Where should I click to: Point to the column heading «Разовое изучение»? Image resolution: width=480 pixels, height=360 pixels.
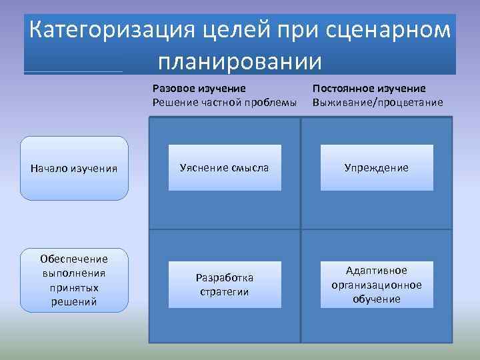[x=199, y=88]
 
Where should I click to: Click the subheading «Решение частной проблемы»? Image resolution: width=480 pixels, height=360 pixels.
[x=224, y=101]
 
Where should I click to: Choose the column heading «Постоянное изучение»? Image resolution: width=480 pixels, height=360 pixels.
[x=369, y=88]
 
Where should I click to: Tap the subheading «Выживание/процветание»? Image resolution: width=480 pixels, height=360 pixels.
[x=377, y=101]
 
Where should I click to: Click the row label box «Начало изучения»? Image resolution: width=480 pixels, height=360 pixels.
[x=74, y=168]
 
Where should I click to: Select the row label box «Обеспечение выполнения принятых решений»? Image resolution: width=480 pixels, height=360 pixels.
[x=74, y=280]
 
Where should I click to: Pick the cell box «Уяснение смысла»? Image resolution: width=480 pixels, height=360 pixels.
[x=224, y=167]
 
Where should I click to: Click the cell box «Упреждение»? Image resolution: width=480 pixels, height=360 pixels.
[x=377, y=167]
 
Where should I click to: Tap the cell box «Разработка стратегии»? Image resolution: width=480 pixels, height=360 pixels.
[x=224, y=285]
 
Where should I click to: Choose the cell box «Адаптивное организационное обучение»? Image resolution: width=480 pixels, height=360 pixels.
[x=377, y=285]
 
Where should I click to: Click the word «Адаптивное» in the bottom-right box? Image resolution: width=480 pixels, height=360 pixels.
[x=377, y=271]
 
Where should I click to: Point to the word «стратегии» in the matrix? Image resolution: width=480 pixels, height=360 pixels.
[x=224, y=292]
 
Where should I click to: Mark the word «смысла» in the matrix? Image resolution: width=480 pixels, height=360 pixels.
[x=249, y=167]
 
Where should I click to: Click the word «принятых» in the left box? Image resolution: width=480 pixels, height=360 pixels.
[x=74, y=287]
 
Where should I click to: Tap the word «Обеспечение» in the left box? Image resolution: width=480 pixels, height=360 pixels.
[x=74, y=259]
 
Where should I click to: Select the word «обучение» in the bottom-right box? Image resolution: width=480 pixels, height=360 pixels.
[x=377, y=299]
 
